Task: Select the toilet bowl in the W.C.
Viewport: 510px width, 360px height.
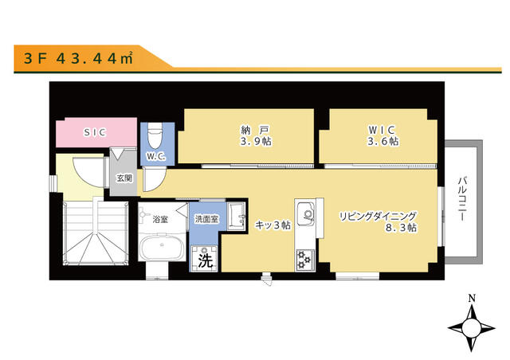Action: [155, 133]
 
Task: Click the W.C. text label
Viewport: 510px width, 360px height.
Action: [155, 156]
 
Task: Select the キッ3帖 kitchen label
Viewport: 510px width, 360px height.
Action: [273, 225]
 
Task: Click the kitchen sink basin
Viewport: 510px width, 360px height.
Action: [306, 213]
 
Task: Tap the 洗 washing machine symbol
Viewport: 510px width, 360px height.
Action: [205, 259]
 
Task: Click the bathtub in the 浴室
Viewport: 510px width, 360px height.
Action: [163, 248]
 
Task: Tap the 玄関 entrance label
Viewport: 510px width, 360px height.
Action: [124, 178]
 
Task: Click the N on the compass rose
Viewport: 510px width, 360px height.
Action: [473, 299]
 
